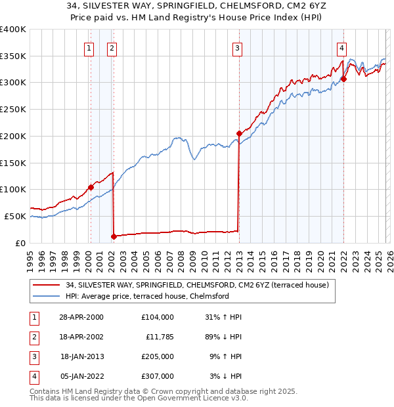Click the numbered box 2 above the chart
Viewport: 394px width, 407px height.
[112, 47]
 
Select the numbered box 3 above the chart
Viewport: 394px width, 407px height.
[237, 47]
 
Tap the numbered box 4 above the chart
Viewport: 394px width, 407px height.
[342, 47]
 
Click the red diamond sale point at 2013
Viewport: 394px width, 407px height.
[239, 133]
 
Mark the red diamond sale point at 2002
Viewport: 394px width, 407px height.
[114, 236]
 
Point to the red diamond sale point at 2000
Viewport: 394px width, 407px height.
[91, 187]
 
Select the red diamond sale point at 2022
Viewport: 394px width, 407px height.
[343, 79]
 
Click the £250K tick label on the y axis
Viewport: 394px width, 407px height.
[13, 110]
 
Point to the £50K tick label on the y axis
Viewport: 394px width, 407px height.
[15, 216]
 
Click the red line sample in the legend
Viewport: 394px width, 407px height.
[47, 285]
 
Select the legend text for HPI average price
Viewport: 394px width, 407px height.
[147, 296]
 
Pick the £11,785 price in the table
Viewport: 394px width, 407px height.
[159, 336]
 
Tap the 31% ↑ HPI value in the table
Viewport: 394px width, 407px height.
[223, 317]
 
